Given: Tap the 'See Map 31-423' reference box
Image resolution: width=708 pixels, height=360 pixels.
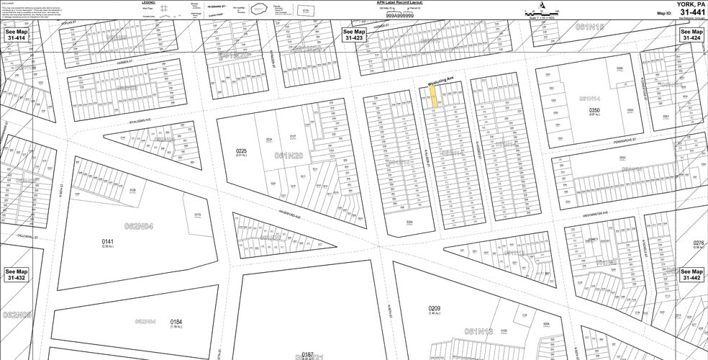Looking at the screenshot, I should pos(355,35).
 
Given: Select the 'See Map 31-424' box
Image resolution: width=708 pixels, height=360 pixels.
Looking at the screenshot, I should pos(692,35).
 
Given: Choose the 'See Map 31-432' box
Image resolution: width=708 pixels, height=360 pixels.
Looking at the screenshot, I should pos(15,274).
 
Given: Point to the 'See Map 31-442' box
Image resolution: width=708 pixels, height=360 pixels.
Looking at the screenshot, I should pos(692,274).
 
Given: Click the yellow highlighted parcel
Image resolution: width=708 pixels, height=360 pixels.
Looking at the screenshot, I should pos(434,98).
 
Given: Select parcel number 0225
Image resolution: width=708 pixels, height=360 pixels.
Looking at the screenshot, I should pos(242,151).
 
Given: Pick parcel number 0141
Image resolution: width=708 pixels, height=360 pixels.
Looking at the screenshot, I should pos(108,242).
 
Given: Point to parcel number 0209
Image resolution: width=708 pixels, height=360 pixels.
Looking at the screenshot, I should pos(434,309).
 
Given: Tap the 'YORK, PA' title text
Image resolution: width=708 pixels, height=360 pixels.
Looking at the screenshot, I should pos(687,4).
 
